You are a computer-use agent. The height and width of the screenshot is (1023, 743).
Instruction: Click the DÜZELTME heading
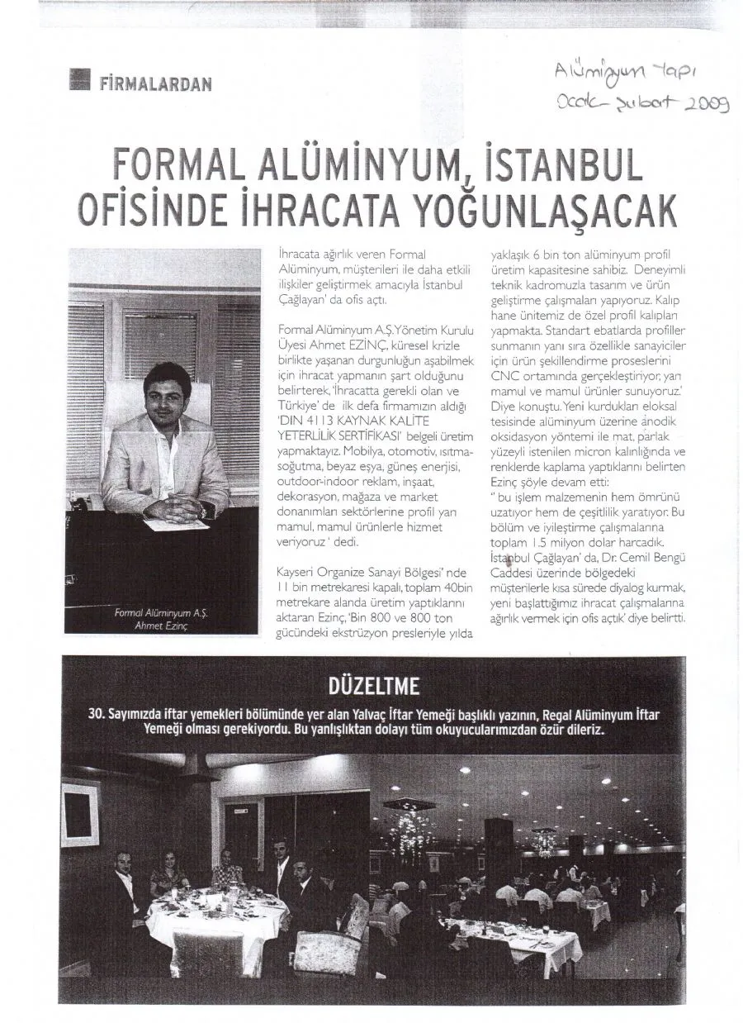pyautogui.click(x=375, y=688)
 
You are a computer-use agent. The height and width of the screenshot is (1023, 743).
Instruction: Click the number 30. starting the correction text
pyautogui.click(x=97, y=715)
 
